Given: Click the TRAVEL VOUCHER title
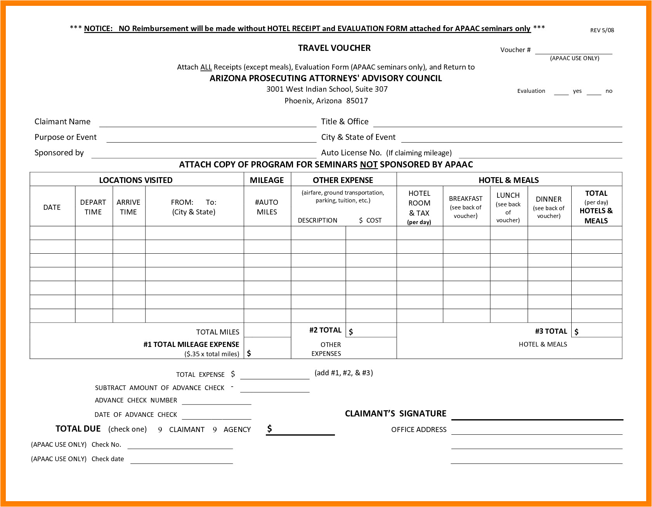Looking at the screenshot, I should [334, 48].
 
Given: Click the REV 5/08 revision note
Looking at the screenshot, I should [602, 30].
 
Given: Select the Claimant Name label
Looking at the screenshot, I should [62, 122].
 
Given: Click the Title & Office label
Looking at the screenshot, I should [345, 122].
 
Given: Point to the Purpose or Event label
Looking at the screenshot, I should [66, 137].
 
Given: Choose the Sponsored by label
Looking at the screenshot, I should [59, 153].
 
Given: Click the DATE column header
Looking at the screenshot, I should [52, 207].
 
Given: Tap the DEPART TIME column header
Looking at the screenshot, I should [93, 207].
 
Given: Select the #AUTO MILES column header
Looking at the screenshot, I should [267, 207].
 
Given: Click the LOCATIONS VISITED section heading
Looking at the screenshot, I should [136, 180].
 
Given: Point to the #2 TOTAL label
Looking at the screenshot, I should [325, 330].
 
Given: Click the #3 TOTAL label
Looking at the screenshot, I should [551, 331].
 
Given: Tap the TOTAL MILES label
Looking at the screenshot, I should [218, 332].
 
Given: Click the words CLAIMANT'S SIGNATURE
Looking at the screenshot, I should [395, 414].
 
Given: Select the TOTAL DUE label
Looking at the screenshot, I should [78, 429].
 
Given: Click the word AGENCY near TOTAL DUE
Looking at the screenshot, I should [237, 430].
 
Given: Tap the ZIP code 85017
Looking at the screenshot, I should [357, 101].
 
